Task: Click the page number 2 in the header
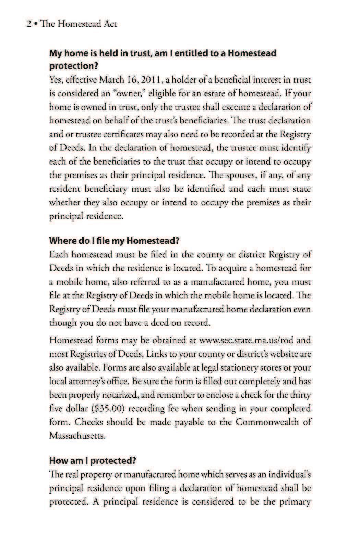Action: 29,24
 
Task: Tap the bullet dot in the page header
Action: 35,24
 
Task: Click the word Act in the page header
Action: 110,24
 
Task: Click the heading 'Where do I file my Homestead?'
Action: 115,240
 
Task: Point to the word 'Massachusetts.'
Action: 77,436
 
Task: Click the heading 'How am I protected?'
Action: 93,460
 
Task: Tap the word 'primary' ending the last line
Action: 296,502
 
